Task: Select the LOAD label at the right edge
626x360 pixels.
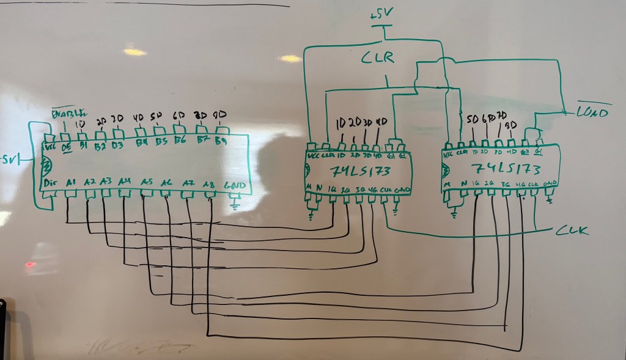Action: pyautogui.click(x=592, y=112)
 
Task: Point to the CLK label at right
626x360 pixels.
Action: pyautogui.click(x=573, y=230)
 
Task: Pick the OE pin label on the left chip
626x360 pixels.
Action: pyautogui.click(x=65, y=147)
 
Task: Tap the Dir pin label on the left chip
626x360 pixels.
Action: pyautogui.click(x=51, y=183)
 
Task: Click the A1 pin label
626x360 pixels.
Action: pyautogui.click(x=71, y=182)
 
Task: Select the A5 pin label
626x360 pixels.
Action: pyautogui.click(x=146, y=182)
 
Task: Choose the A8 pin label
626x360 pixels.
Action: pyautogui.click(x=208, y=182)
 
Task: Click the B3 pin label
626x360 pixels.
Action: pyautogui.click(x=118, y=145)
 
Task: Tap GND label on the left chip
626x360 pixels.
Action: pyautogui.click(x=235, y=185)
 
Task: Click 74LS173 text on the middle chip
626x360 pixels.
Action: pyautogui.click(x=359, y=171)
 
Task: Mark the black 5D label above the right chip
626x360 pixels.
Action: pyautogui.click(x=473, y=119)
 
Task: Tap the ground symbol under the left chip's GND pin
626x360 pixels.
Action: pyautogui.click(x=235, y=204)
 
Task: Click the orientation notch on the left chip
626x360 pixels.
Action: pyautogui.click(x=44, y=165)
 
